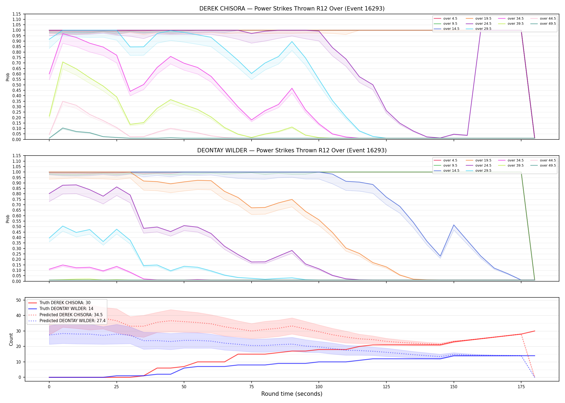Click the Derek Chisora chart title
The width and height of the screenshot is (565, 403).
coord(292,9)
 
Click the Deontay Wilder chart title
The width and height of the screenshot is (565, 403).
coord(292,150)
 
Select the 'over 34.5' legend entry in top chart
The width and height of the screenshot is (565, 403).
coord(511,19)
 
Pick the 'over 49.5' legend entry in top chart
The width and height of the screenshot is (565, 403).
coord(543,24)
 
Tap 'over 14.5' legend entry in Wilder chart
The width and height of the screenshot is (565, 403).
coord(446,171)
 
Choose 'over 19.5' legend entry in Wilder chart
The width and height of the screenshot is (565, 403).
coord(478,160)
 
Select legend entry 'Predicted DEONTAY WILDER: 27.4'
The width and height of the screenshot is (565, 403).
coord(67,321)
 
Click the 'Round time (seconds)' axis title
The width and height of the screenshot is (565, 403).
coord(292,394)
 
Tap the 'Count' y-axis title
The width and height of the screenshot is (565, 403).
coord(11,339)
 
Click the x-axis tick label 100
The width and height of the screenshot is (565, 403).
coord(319,387)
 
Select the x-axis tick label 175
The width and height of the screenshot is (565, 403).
coord(521,387)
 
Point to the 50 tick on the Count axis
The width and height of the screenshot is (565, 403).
coord(19,300)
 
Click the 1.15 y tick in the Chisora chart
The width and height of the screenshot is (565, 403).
coord(17,14)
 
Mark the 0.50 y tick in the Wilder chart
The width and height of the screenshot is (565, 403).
coord(17,227)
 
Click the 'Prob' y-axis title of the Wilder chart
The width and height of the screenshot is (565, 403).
coord(8,219)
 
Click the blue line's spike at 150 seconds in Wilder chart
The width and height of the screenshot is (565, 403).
coord(454,225)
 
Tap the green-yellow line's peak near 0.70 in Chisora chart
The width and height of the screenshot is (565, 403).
coord(63,62)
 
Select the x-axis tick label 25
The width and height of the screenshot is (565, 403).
coord(116,387)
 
